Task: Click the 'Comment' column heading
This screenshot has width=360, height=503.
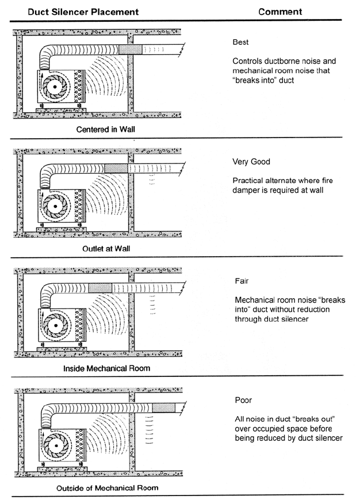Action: click(279, 12)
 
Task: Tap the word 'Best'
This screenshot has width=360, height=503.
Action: click(241, 42)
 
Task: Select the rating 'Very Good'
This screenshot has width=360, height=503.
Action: click(251, 162)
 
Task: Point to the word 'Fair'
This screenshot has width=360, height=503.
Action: click(241, 281)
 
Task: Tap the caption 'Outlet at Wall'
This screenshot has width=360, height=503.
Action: click(106, 249)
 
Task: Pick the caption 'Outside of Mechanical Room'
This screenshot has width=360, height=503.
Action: click(108, 488)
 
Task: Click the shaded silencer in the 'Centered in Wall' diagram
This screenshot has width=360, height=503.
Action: click(129, 50)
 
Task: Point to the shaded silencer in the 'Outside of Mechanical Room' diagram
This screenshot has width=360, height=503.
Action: click(162, 406)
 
